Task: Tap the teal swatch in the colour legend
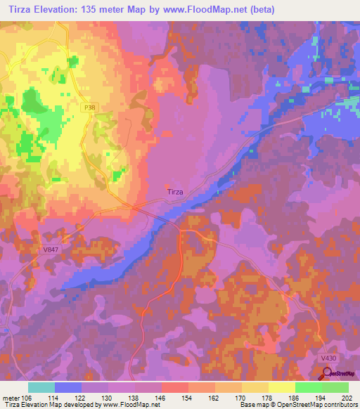pos(41,387)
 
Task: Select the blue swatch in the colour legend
pos(68,387)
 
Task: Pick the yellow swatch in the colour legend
pos(282,387)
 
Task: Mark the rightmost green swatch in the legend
pos(335,387)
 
